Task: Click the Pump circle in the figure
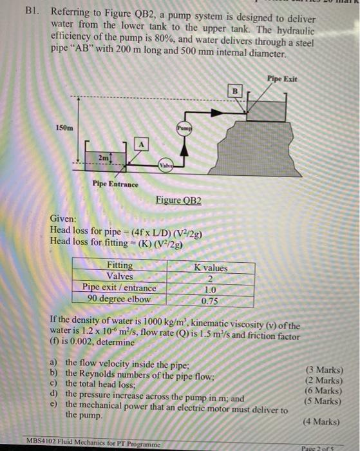point(184,128)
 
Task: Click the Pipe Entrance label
point(115,184)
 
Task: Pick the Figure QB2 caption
point(178,200)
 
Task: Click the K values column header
point(211,267)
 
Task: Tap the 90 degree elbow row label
point(118,299)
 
